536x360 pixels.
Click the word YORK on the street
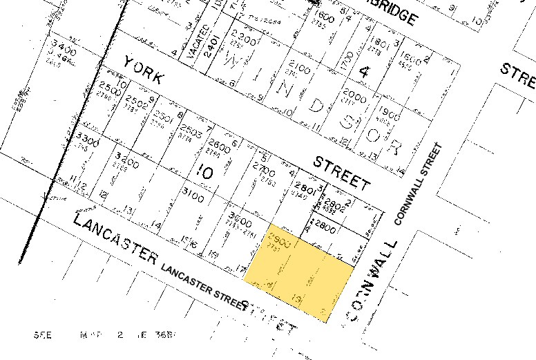point(144,70)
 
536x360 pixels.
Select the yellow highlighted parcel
point(298,272)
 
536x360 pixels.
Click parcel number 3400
point(63,49)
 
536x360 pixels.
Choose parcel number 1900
point(390,114)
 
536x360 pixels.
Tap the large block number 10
point(204,173)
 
